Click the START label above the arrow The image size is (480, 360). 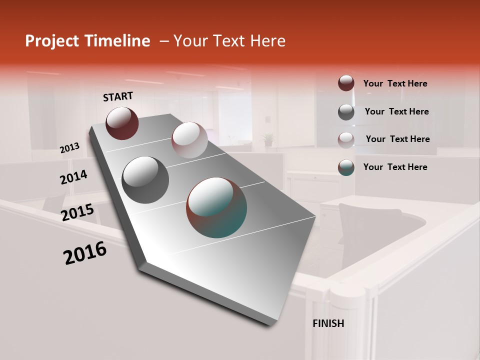pyautogui.click(x=118, y=96)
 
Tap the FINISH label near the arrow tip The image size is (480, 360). pyautogui.click(x=328, y=323)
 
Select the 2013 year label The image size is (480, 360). pyautogui.click(x=69, y=148)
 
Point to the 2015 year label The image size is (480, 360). pyautogui.click(x=77, y=212)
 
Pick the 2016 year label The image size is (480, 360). pyautogui.click(x=85, y=253)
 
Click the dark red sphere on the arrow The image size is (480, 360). pyautogui.click(x=122, y=123)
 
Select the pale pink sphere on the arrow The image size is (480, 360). pyautogui.click(x=189, y=140)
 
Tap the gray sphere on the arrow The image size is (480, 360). pyautogui.click(x=145, y=179)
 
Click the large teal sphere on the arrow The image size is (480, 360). pyautogui.click(x=216, y=207)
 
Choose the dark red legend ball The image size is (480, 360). pyautogui.click(x=346, y=83)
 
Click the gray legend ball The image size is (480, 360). pyautogui.click(x=346, y=112)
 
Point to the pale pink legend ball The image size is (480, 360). pyautogui.click(x=346, y=139)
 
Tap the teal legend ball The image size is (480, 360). pyautogui.click(x=346, y=167)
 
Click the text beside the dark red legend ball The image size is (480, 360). pyautogui.click(x=395, y=84)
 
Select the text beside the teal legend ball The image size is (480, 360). pyautogui.click(x=395, y=167)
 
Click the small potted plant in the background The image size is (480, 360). pyautogui.click(x=268, y=139)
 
